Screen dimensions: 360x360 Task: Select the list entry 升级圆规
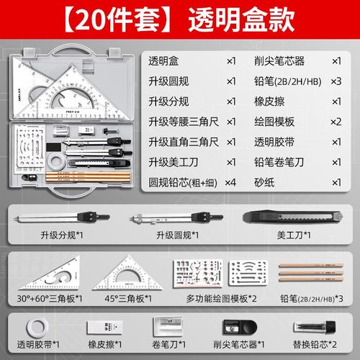coord(171,81)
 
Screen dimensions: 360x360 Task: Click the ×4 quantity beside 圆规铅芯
coord(230,182)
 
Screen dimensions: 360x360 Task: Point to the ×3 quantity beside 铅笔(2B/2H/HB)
coord(336,81)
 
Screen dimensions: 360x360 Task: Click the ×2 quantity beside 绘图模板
coord(336,122)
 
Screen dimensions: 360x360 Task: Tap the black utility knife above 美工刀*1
coord(283,216)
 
